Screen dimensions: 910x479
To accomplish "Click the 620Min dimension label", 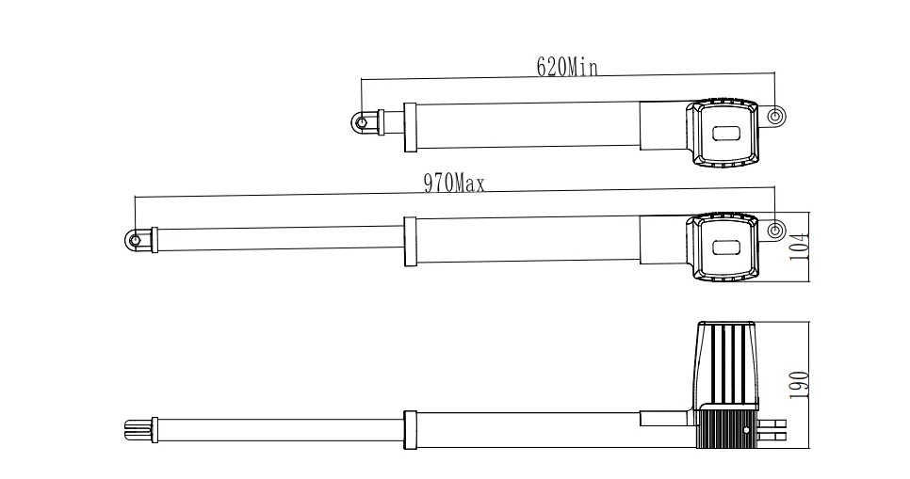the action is pos(566,67).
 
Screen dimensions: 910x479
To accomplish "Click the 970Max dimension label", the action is pos(454,184).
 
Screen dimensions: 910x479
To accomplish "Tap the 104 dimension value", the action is pos(799,247).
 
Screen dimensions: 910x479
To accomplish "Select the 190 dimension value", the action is pos(799,385).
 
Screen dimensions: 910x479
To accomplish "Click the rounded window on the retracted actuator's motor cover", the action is pos(727,134).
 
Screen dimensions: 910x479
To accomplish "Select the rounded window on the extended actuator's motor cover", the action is pos(727,247).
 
